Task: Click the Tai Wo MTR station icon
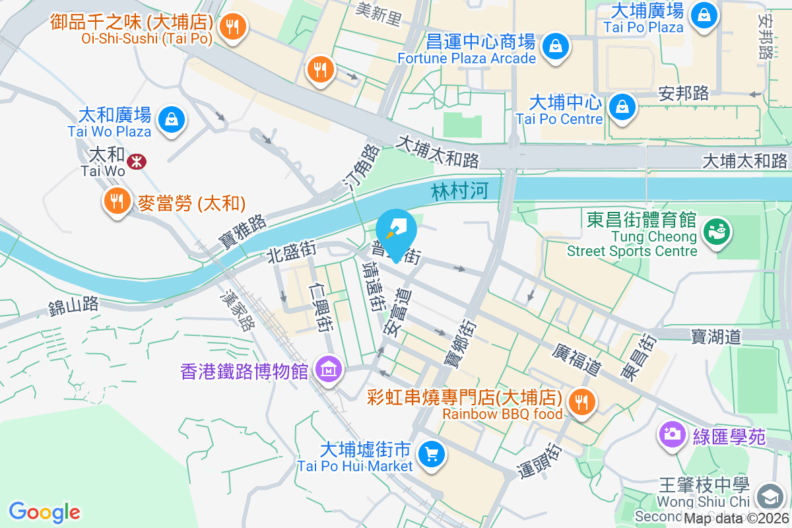click(137, 161)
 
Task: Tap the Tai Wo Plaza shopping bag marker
click(172, 119)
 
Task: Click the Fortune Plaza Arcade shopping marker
click(556, 46)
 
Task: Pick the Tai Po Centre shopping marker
click(622, 106)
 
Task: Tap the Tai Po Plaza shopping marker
click(704, 14)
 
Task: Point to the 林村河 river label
click(460, 192)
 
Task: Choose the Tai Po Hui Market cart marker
click(432, 454)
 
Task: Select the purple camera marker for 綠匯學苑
click(672, 434)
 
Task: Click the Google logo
click(44, 511)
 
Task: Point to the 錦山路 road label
click(73, 305)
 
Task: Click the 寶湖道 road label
click(717, 337)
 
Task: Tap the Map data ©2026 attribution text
click(735, 518)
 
